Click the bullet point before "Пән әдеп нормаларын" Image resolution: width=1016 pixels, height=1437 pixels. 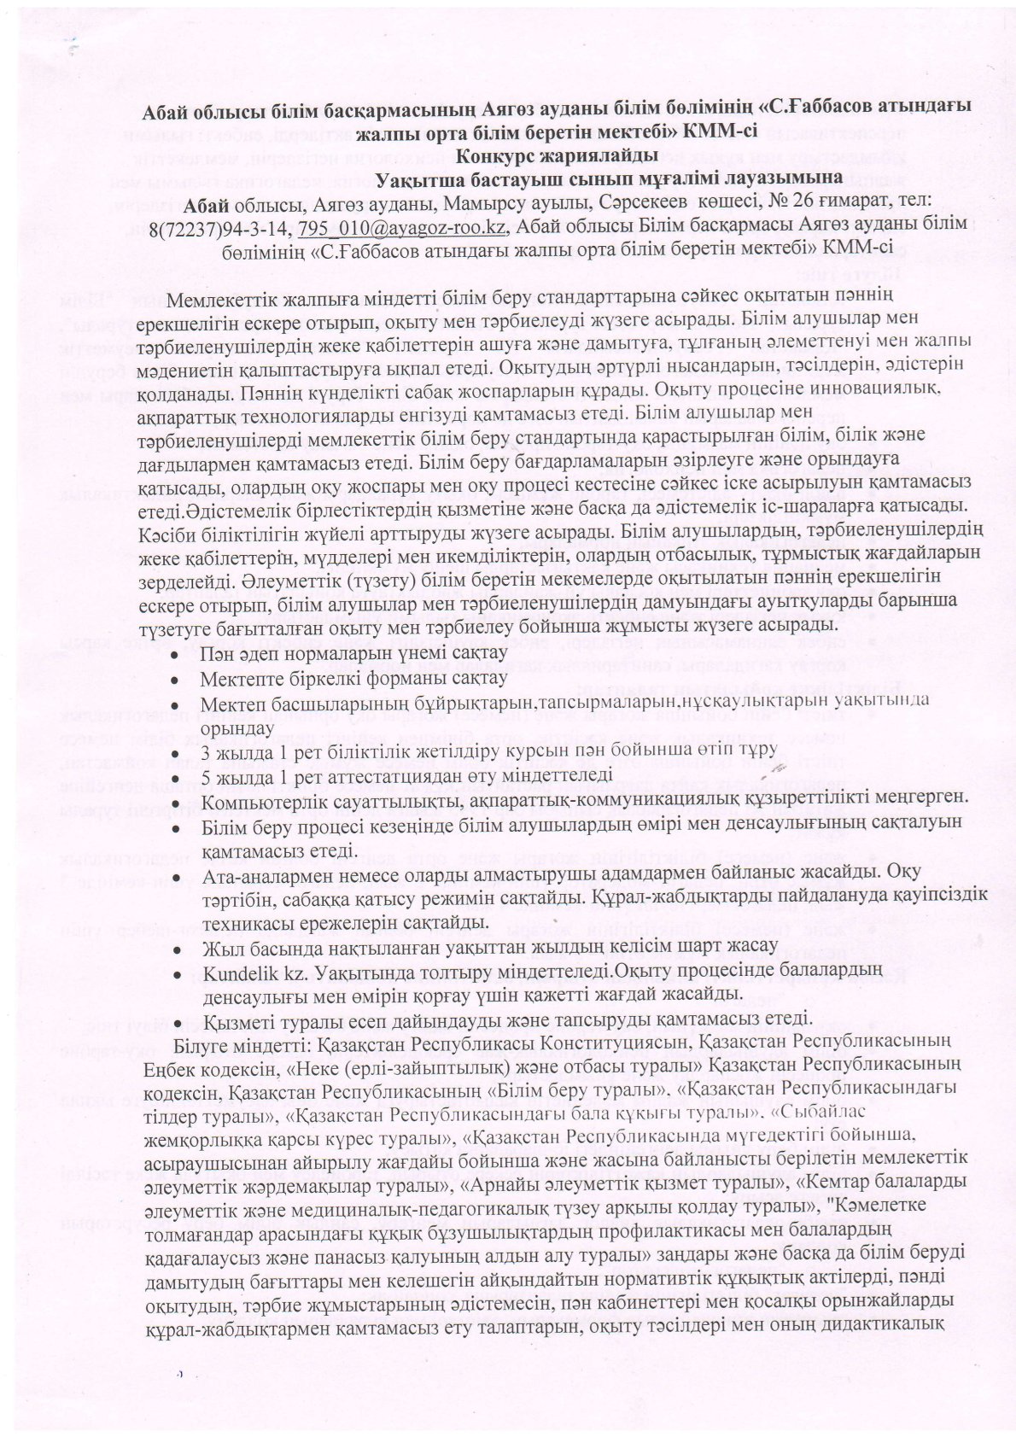[x=176, y=655]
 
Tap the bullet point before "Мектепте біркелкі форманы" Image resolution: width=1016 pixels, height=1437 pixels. [x=176, y=678]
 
